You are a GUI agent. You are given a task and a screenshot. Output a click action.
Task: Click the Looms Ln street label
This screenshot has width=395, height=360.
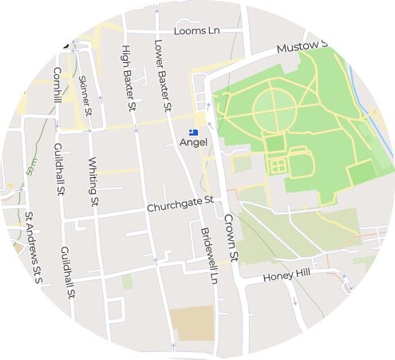point(196,30)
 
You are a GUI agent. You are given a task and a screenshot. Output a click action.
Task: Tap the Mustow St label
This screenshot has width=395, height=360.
point(302,48)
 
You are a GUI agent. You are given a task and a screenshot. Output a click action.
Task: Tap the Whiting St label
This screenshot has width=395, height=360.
point(93,183)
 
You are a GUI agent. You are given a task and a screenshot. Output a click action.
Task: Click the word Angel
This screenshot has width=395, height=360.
point(194,142)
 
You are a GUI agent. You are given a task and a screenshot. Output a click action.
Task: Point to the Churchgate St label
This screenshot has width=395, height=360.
point(181,206)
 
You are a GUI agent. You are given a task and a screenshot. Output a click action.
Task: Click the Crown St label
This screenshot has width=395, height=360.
point(231,236)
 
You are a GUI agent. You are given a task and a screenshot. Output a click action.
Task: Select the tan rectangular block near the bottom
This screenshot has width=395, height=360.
point(192,322)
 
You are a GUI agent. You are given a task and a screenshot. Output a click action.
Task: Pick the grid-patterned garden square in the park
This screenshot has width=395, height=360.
point(278,167)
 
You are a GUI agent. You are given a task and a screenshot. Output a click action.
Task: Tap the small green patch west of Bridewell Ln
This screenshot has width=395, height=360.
point(128,282)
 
